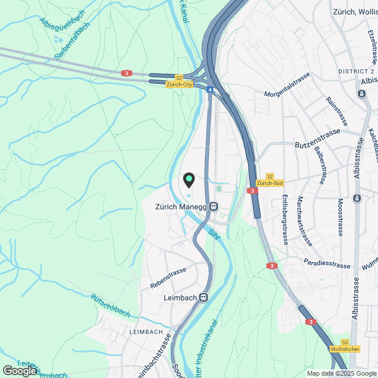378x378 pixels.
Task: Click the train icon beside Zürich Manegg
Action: pos(214,207)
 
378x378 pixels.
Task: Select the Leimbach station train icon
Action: pos(204,298)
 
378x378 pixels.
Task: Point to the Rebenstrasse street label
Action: pos(168,278)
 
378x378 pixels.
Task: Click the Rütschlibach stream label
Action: pos(110,305)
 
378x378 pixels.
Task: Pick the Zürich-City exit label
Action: pos(180,84)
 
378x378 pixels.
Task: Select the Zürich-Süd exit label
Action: pos(270,183)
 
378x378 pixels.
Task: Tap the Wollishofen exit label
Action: pos(345,349)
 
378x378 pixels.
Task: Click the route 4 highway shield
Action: pos(210,90)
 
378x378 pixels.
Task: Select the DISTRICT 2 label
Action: pos(356,71)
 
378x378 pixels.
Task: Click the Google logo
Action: pos(19,370)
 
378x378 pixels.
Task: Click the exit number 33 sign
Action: pos(345,342)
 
